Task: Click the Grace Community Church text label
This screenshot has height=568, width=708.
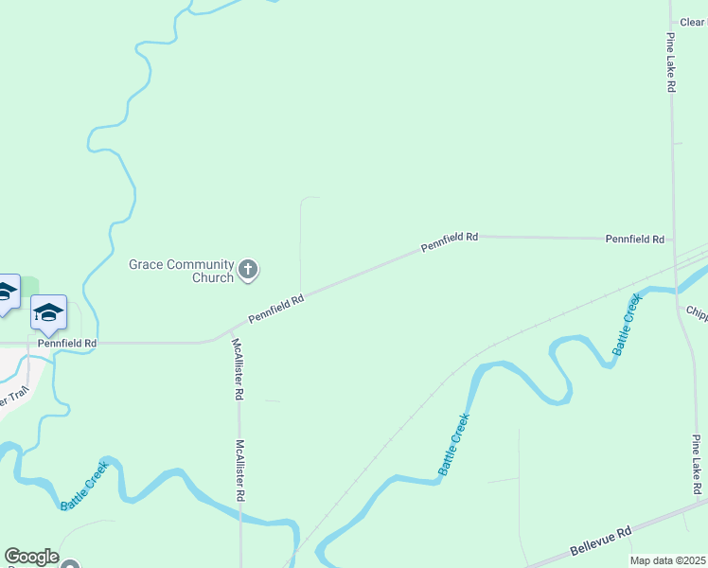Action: click(x=181, y=271)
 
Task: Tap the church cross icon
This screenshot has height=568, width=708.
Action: click(x=248, y=271)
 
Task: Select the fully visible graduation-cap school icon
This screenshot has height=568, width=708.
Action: click(x=48, y=311)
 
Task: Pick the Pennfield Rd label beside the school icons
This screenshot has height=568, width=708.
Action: click(x=67, y=343)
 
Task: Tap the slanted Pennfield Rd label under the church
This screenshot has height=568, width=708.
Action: click(x=275, y=309)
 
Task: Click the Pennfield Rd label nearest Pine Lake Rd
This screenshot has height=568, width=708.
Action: click(x=634, y=240)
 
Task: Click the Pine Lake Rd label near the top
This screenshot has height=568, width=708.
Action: click(x=670, y=62)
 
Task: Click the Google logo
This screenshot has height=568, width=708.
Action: click(x=31, y=557)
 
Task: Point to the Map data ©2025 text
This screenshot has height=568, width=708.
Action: click(x=668, y=560)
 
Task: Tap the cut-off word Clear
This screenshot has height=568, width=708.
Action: click(x=693, y=22)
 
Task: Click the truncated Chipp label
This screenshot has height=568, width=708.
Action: click(x=696, y=311)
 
